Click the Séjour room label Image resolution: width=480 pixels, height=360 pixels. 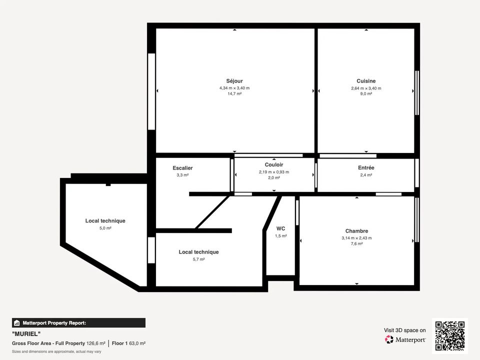pyautogui.click(x=234, y=81)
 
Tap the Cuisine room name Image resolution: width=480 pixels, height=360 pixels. pyautogui.click(x=366, y=81)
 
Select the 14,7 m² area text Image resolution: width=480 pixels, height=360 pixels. pyautogui.click(x=234, y=93)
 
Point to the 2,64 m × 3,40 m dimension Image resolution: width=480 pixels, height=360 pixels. pyautogui.click(x=366, y=88)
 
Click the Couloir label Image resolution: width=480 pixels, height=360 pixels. pyautogui.click(x=274, y=164)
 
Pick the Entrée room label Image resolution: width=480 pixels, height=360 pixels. pyautogui.click(x=366, y=168)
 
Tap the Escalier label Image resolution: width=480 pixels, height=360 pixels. pyautogui.click(x=182, y=168)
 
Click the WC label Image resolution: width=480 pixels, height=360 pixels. pyautogui.click(x=280, y=228)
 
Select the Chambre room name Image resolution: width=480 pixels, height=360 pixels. pyautogui.click(x=356, y=231)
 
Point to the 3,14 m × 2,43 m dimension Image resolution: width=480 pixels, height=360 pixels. pyautogui.click(x=356, y=238)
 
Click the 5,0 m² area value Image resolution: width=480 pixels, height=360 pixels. pyautogui.click(x=105, y=228)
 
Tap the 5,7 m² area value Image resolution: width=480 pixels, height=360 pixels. pyautogui.click(x=198, y=259)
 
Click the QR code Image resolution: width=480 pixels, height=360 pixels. pyautogui.click(x=450, y=336)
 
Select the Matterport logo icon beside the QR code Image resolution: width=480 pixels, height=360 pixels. pyautogui.click(x=389, y=339)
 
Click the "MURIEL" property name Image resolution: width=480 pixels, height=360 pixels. pyautogui.click(x=26, y=333)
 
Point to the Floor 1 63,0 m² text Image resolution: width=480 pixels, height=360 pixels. pyautogui.click(x=128, y=343)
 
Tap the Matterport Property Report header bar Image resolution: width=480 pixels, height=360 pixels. pyautogui.click(x=78, y=323)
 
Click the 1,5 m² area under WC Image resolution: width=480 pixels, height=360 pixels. pyautogui.click(x=280, y=236)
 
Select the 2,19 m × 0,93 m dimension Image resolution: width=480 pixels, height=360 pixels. pyautogui.click(x=274, y=172)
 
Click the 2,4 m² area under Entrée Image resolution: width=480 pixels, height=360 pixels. pyautogui.click(x=366, y=175)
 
